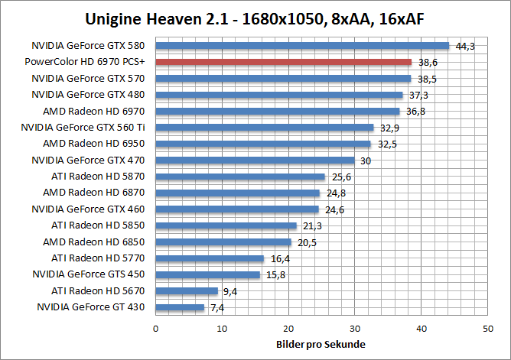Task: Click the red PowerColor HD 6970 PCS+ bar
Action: (x=283, y=62)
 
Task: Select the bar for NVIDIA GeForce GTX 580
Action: (x=302, y=46)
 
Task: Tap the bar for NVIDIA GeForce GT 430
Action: (x=180, y=307)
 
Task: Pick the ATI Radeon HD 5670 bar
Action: (x=187, y=290)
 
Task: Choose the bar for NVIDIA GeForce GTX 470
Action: (x=255, y=161)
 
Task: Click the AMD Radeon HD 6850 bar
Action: (x=223, y=242)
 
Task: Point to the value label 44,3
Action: (x=465, y=47)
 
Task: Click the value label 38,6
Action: (x=427, y=63)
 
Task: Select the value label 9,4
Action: (x=229, y=291)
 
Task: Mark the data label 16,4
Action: (x=279, y=258)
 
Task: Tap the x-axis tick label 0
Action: (x=156, y=328)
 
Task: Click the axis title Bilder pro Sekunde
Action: (x=321, y=344)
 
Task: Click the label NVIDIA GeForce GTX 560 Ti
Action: (x=83, y=127)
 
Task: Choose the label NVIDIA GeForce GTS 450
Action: (x=89, y=274)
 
